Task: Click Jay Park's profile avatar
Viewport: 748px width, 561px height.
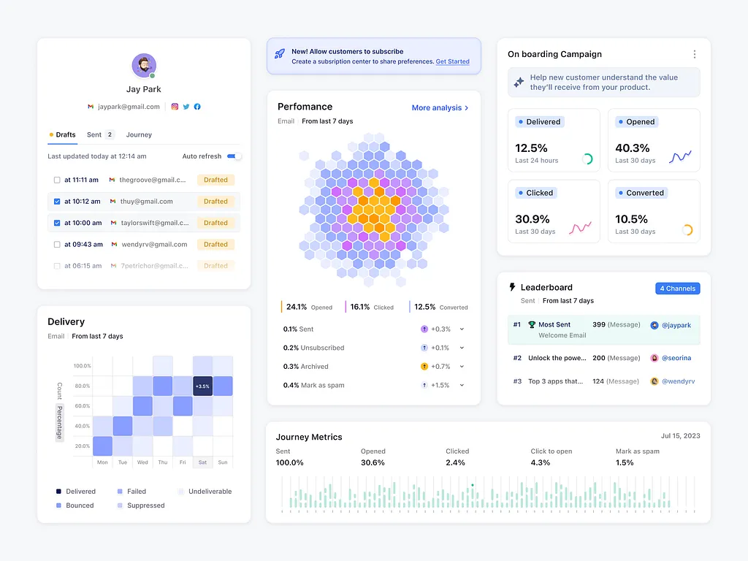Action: tap(144, 66)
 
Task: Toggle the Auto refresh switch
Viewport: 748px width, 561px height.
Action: tap(234, 156)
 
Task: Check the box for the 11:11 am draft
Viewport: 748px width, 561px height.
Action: tap(57, 180)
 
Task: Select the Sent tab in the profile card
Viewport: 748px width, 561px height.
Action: tap(94, 134)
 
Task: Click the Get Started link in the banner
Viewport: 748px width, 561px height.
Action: tap(452, 62)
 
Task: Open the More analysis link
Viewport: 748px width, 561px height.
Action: tap(440, 108)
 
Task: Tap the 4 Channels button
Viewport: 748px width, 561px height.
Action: tap(677, 289)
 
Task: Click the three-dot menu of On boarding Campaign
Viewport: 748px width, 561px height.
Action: tap(694, 54)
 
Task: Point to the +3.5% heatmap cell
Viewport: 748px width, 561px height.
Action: tap(202, 386)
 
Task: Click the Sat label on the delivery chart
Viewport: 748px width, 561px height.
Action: tap(202, 462)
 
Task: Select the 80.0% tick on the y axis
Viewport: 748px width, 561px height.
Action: tap(82, 386)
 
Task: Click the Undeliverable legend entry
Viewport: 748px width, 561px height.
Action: tap(210, 492)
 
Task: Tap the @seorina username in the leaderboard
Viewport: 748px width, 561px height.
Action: tap(676, 358)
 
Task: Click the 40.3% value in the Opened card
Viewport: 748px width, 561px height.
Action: tap(633, 148)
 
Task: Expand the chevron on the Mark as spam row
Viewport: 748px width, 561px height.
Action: tap(462, 386)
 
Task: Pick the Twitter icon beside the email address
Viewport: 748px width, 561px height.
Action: tap(186, 107)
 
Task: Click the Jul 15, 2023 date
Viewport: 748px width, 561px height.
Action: tap(680, 436)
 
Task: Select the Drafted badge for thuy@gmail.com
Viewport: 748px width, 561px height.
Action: tap(215, 202)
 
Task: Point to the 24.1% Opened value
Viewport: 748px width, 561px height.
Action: tap(297, 308)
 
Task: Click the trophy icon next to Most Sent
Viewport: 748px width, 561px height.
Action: tap(532, 324)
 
